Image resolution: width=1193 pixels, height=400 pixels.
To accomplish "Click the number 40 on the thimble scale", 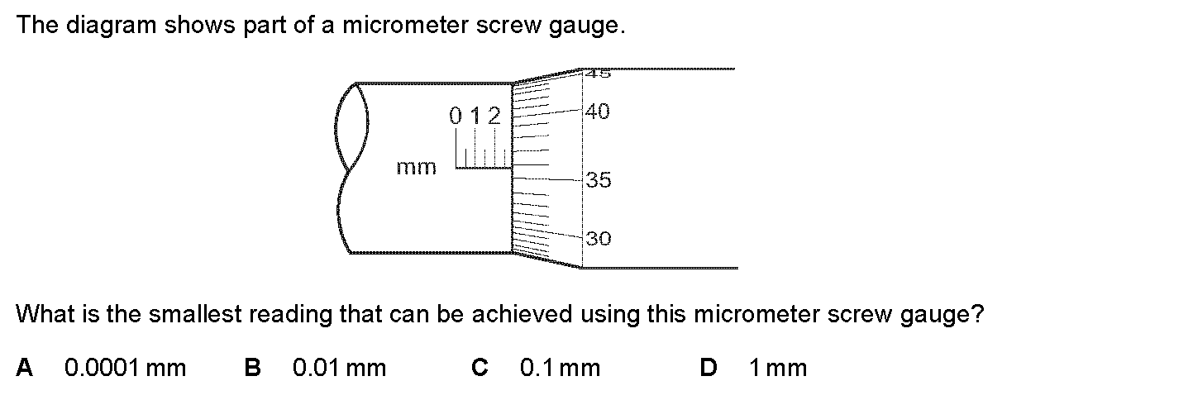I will pyautogui.click(x=598, y=111).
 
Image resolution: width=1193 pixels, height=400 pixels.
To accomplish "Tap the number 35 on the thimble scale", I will pyautogui.click(x=598, y=179).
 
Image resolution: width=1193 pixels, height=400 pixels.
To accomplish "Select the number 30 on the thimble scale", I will pyautogui.click(x=598, y=240).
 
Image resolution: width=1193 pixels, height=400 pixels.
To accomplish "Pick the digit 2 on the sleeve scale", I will pyautogui.click(x=494, y=116).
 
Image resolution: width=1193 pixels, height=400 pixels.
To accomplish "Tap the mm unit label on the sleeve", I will pyautogui.click(x=416, y=168).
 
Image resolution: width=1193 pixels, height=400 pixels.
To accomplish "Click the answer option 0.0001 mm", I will pyautogui.click(x=125, y=368).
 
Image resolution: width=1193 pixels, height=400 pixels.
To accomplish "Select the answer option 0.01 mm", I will pyautogui.click(x=339, y=368).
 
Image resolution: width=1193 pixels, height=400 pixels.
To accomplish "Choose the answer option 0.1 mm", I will pyautogui.click(x=560, y=368).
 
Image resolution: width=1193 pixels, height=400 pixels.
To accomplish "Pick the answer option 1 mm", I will pyautogui.click(x=777, y=368).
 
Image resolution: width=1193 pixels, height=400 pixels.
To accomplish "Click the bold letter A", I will pyautogui.click(x=25, y=368).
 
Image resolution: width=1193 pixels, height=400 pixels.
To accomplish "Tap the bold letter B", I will pyautogui.click(x=253, y=368).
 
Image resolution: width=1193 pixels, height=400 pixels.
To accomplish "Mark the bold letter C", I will pyautogui.click(x=480, y=368).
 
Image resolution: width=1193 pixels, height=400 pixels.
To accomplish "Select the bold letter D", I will pyautogui.click(x=708, y=368).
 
